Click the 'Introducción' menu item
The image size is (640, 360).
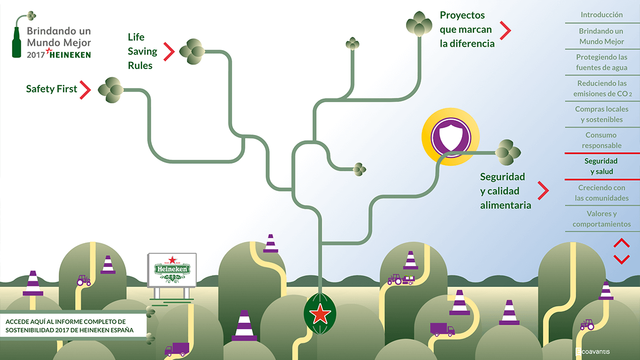pos(601,15)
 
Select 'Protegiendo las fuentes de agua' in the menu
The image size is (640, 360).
pos(601,62)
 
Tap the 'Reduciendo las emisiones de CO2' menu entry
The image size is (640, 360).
pos(601,88)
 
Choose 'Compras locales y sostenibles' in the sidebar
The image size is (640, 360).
pos(601,114)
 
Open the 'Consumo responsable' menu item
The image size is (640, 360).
pos(601,140)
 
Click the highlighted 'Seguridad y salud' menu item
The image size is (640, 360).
pos(601,166)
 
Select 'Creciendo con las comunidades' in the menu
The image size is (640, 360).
pos(601,193)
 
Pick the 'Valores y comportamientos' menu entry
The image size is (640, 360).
pos(601,219)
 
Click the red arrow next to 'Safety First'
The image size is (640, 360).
pos(84,90)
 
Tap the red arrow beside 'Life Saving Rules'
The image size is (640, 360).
pos(169,52)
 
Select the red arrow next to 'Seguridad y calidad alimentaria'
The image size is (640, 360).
pos(543,191)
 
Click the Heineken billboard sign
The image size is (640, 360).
pos(172,270)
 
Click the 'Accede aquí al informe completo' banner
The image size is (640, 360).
pos(73,326)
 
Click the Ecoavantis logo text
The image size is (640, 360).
pos(593,352)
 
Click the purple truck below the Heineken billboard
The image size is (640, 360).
pos(176,349)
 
